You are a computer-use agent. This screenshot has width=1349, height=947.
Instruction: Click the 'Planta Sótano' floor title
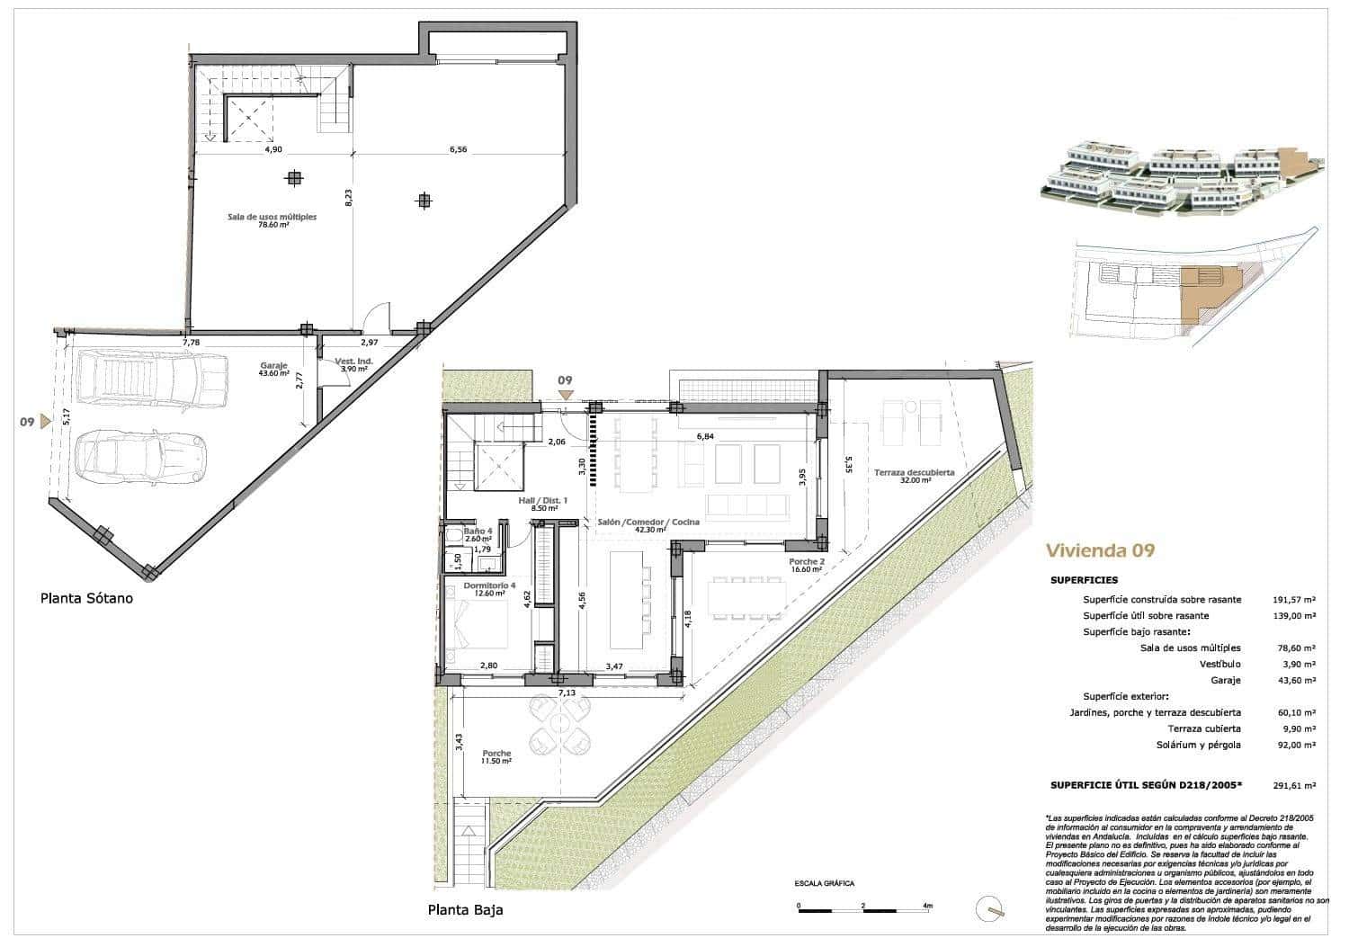86,597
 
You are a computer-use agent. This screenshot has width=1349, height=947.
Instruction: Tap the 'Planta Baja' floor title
465,909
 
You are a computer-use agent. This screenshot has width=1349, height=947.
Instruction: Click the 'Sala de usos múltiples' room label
271,218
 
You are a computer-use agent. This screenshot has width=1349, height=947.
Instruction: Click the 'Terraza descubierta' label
914,472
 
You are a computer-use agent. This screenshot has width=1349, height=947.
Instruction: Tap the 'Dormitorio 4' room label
489,586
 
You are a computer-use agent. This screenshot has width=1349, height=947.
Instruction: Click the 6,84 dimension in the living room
705,436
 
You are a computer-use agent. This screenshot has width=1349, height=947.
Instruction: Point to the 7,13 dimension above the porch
567,692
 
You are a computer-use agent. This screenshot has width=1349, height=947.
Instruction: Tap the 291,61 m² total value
1295,785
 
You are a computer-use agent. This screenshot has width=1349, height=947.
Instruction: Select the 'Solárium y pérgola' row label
1198,745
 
